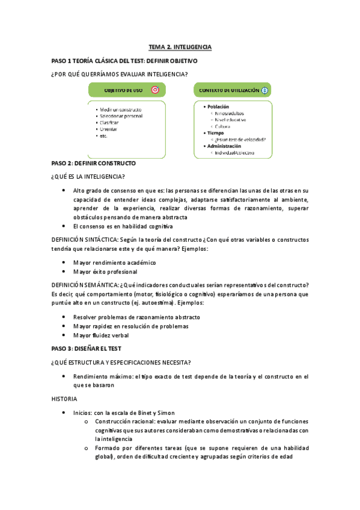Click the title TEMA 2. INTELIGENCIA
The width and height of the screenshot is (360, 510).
(180, 46)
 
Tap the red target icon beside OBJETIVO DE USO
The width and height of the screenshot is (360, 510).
(155, 90)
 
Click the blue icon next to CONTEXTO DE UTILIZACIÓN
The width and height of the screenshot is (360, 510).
(265, 90)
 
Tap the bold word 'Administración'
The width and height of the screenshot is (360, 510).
(224, 146)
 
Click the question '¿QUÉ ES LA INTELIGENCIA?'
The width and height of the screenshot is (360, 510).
(88, 176)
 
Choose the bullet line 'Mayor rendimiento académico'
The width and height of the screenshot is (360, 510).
(114, 262)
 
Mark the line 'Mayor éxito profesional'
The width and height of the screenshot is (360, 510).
(105, 271)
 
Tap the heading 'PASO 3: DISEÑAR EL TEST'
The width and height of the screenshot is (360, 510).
(87, 348)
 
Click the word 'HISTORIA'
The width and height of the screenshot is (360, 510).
(65, 398)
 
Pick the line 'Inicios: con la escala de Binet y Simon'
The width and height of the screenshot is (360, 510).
(124, 412)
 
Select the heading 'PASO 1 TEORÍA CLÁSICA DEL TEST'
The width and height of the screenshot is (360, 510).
(97, 61)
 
